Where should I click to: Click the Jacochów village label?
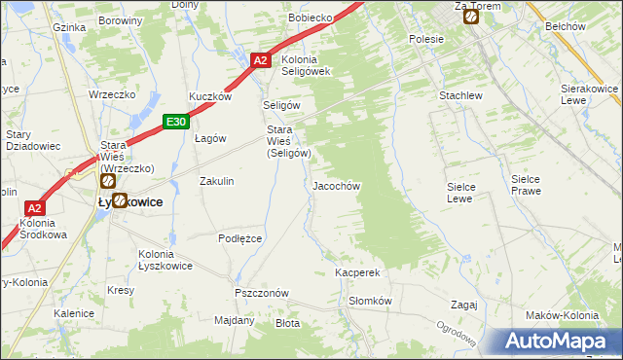[337, 185]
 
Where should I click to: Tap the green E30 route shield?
[175, 122]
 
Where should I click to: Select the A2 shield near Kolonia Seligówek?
[260, 60]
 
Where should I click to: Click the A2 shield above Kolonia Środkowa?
[34, 208]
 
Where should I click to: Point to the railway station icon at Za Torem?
[471, 16]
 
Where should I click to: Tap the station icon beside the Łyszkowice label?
[120, 201]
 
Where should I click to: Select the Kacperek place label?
[356, 273]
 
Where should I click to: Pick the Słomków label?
[370, 301]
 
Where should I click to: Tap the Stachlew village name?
[460, 96]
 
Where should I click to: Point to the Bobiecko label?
[311, 18]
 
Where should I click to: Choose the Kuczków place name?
[210, 96]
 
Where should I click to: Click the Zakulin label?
[216, 181]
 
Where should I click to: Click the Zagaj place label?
[464, 304]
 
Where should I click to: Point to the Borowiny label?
[121, 19]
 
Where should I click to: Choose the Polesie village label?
[426, 39]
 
